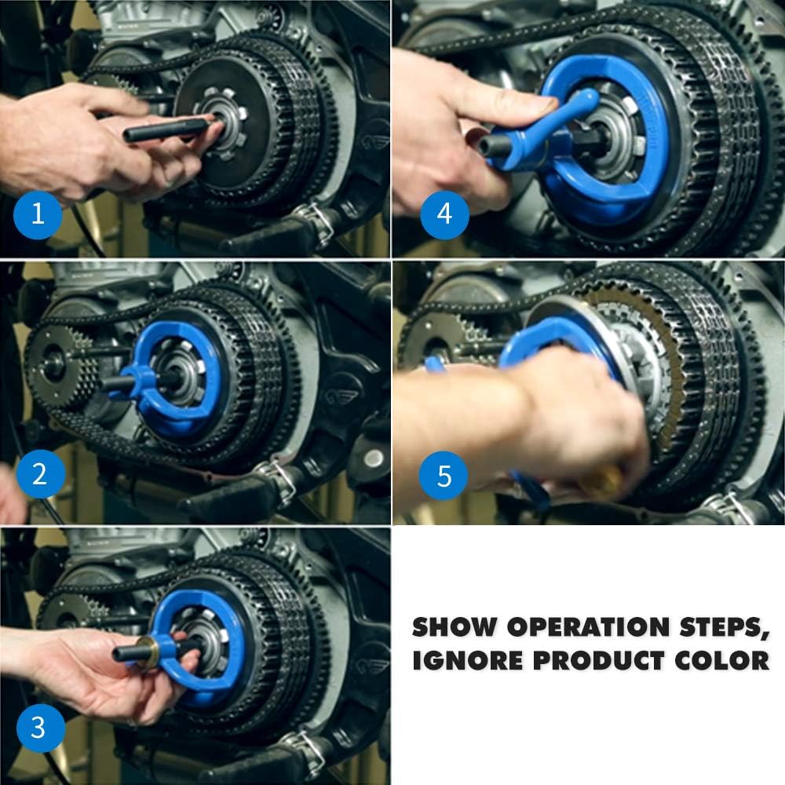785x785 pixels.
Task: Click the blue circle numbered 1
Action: click(38, 214)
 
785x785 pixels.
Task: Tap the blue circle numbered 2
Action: click(41, 474)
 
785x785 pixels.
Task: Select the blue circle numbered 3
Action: click(41, 728)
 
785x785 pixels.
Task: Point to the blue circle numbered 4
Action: click(444, 214)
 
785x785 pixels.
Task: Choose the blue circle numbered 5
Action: click(443, 475)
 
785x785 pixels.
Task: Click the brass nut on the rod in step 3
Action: click(148, 649)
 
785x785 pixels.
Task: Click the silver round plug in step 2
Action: click(374, 458)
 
